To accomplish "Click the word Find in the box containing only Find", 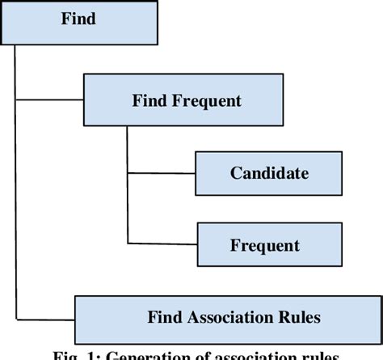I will click(x=78, y=18).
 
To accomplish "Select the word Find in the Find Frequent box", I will click(x=149, y=101).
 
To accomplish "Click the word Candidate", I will click(x=269, y=173).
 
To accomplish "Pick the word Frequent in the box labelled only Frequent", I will click(x=265, y=245).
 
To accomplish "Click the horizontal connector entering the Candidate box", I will click(x=162, y=172).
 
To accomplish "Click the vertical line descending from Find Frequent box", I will click(x=128, y=146).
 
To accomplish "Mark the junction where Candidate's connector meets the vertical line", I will click(x=128, y=172).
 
